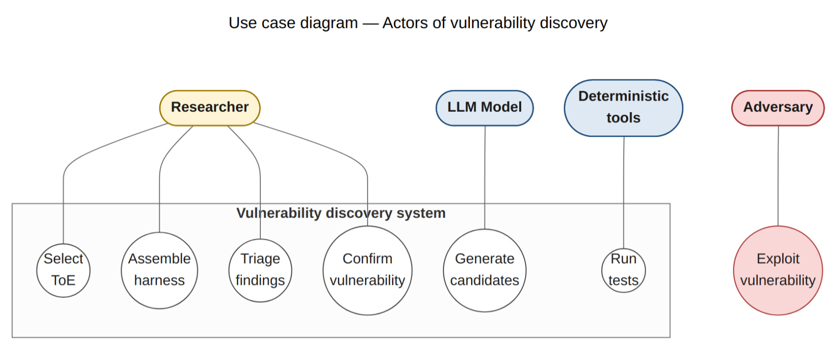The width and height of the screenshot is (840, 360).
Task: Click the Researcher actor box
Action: pos(210,108)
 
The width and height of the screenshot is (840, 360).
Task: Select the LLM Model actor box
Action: pos(485,108)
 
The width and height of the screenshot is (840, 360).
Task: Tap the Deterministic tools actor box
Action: pos(623,108)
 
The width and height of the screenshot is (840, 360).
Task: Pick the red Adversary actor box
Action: pos(778,108)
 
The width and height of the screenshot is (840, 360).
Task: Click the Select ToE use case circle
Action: pos(63,270)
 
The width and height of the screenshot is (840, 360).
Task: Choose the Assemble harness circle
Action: pos(159,270)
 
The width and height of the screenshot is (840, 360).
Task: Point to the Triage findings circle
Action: pos(260,270)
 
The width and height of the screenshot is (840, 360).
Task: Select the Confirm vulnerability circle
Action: pos(367,270)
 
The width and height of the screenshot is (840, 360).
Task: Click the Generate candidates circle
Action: pos(485,270)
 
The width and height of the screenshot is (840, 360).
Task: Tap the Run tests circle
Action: pos(623,270)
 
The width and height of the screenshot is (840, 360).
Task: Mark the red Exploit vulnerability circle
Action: pos(778,270)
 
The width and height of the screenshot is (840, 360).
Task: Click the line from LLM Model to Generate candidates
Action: pos(485,177)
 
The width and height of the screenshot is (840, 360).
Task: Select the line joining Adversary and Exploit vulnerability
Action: pos(778,176)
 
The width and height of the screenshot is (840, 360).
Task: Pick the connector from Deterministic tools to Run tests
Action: pos(623,193)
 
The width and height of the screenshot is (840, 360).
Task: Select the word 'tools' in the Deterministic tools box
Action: pos(623,118)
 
